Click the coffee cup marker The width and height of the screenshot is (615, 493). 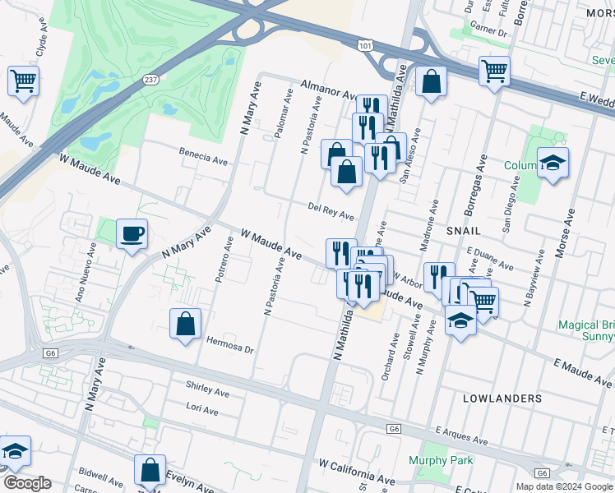point(132,234)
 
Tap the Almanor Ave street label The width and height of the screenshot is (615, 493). point(328,88)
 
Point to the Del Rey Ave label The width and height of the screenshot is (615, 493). point(331,211)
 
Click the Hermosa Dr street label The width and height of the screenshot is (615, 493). point(229,345)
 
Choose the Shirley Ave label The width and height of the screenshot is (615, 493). point(207,389)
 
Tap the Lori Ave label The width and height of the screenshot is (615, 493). point(201,408)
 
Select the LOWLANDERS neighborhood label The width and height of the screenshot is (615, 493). point(502,399)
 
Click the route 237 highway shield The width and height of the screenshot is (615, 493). point(150,80)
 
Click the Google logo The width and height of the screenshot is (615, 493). point(27,483)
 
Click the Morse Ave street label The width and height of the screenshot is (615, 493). point(567,233)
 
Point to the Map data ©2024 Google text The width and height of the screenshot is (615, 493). point(565,486)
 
